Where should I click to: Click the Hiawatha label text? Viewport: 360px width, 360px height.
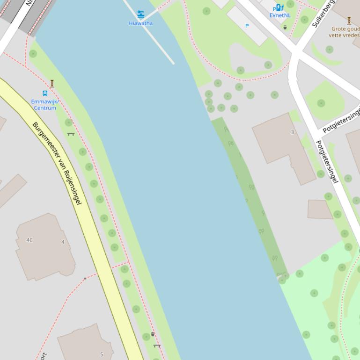pos(140,23)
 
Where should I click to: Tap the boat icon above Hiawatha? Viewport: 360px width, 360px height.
pos(140,14)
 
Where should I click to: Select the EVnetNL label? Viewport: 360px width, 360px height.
pos(279,15)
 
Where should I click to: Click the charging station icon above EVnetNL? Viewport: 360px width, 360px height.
pos(279,7)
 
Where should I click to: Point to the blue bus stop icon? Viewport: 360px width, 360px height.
pos(45,93)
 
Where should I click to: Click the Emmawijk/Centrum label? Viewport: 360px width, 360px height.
pos(44,104)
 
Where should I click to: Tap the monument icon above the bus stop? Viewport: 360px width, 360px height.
pos(52,84)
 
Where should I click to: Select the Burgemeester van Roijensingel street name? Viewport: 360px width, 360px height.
pos(57,163)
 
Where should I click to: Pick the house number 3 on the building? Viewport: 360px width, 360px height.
pos(293,132)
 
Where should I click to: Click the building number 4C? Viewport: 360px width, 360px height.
pos(29,240)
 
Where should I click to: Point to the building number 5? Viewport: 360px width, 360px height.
pos(102,354)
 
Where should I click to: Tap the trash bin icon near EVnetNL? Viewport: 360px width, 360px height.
pos(285,27)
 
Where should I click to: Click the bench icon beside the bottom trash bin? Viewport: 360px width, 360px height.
pos(157,346)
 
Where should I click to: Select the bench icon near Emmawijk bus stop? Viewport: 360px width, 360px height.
pos(71,134)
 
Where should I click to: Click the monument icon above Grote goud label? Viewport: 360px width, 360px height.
pos(349,21)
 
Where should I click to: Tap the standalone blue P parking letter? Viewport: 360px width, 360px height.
pos(247,26)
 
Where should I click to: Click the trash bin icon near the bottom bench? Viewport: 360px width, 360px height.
pos(153,334)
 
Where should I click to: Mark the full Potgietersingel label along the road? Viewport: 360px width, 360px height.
pos(327,161)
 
